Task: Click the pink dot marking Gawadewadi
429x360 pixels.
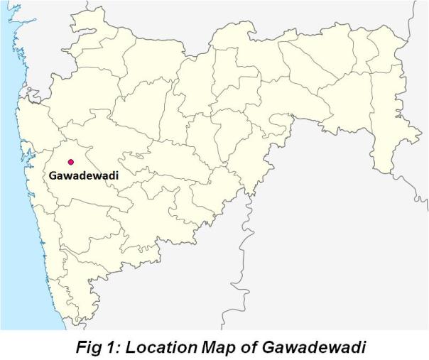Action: tap(70, 162)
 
